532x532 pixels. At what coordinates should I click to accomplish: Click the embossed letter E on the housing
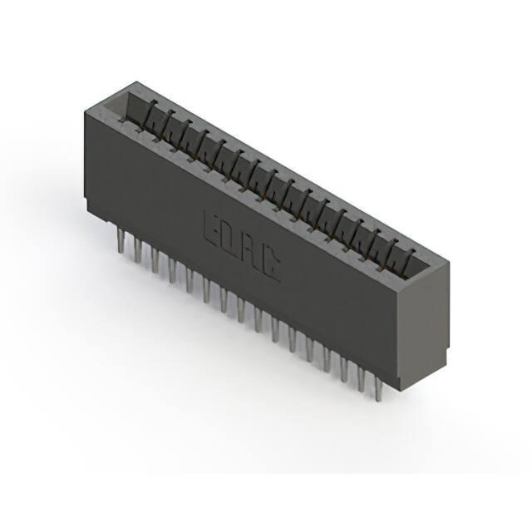pyautogui.click(x=212, y=229)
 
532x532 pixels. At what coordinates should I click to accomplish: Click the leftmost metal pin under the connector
pyautogui.click(x=120, y=240)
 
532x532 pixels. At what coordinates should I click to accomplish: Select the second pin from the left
pyautogui.click(x=137, y=250)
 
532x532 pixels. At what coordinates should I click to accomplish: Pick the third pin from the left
pyautogui.click(x=155, y=260)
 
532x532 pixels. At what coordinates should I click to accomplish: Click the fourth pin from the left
pyautogui.click(x=172, y=270)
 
